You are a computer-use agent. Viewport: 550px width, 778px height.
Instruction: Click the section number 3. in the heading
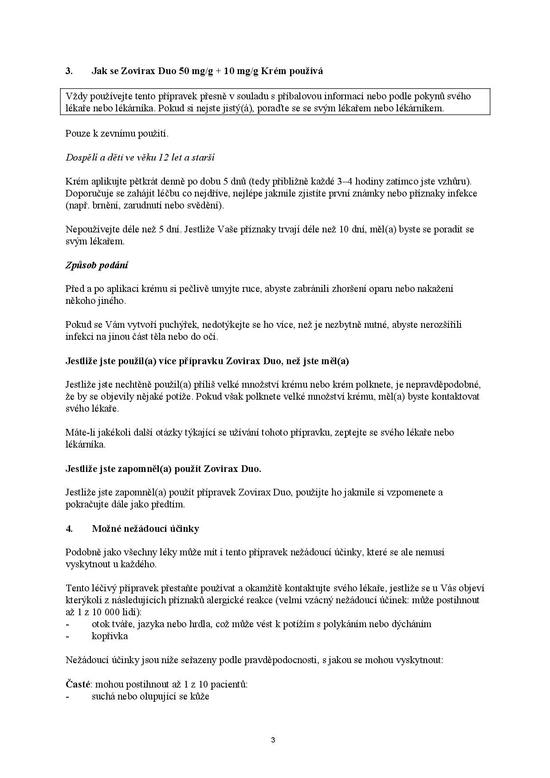pos(69,71)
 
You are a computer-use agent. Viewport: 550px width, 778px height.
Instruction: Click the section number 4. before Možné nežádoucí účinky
pos(69,528)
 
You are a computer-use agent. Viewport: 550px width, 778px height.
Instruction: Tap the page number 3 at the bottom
pos(273,740)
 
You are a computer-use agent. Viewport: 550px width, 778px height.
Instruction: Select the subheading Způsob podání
pos(97,265)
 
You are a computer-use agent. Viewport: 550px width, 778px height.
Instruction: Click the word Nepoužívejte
pos(93,229)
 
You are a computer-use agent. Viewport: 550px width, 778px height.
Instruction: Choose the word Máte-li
pos(78,432)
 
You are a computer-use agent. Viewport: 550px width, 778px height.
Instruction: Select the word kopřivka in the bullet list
pos(110,636)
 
